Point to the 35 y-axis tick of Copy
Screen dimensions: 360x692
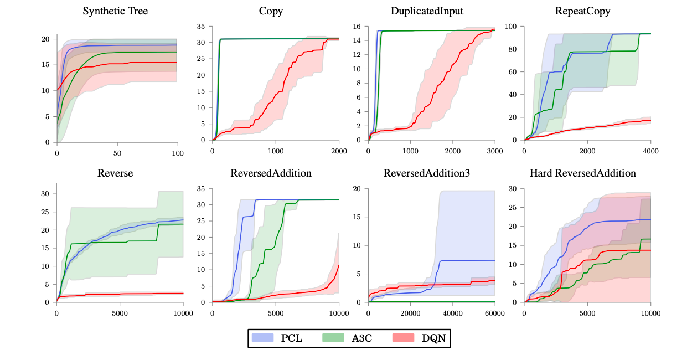[201, 27]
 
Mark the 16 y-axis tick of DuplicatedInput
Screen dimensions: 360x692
[357, 27]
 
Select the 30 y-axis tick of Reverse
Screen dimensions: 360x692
[45, 194]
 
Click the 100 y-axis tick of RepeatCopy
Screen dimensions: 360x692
[510, 27]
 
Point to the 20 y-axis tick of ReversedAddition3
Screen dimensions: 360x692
[357, 189]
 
